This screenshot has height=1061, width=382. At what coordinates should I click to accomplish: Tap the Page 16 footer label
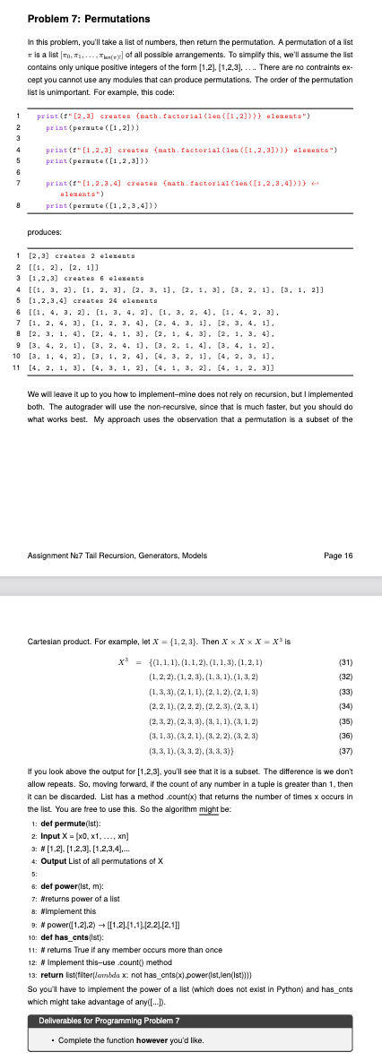pyautogui.click(x=342, y=530)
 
